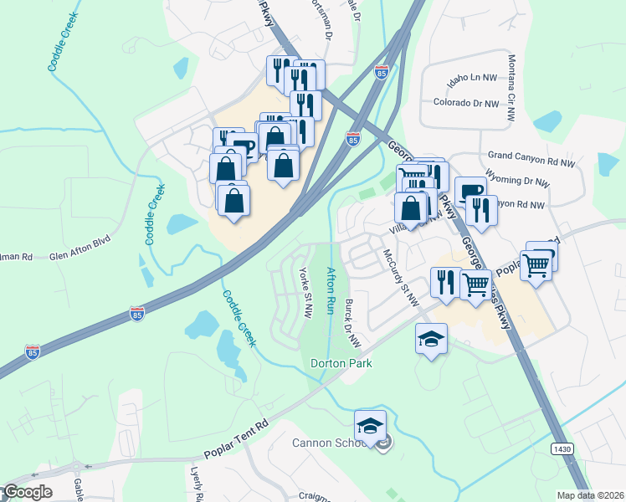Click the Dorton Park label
tap(341, 364)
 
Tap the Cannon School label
tap(329, 443)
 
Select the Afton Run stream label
tap(331, 285)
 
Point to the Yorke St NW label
tap(306, 293)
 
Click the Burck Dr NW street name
tap(353, 325)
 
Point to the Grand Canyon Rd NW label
tap(531, 156)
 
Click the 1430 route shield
tap(562, 449)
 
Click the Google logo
tap(27, 492)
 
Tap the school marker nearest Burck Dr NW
tap(431, 339)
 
